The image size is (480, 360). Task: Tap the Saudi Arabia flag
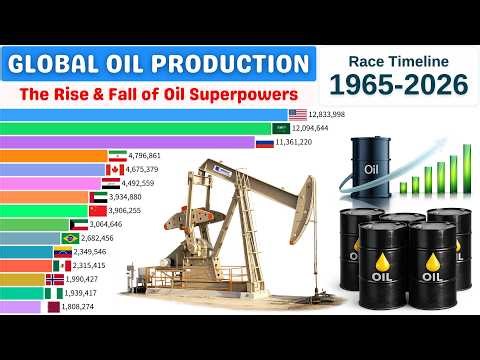pos(283,129)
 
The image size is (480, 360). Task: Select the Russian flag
pos(265,143)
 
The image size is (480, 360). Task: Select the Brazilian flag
pos(71,238)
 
